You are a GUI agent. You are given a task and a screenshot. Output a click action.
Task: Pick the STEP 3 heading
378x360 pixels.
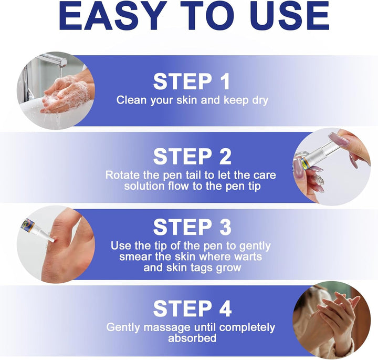(191, 228)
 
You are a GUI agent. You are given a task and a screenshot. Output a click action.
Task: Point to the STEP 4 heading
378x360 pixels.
(191, 309)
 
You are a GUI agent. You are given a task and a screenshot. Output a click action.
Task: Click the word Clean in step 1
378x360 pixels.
(131, 100)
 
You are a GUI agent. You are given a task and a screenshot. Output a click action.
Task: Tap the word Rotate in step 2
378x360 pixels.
(122, 174)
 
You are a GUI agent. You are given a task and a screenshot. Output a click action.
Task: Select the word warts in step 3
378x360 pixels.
(246, 256)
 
